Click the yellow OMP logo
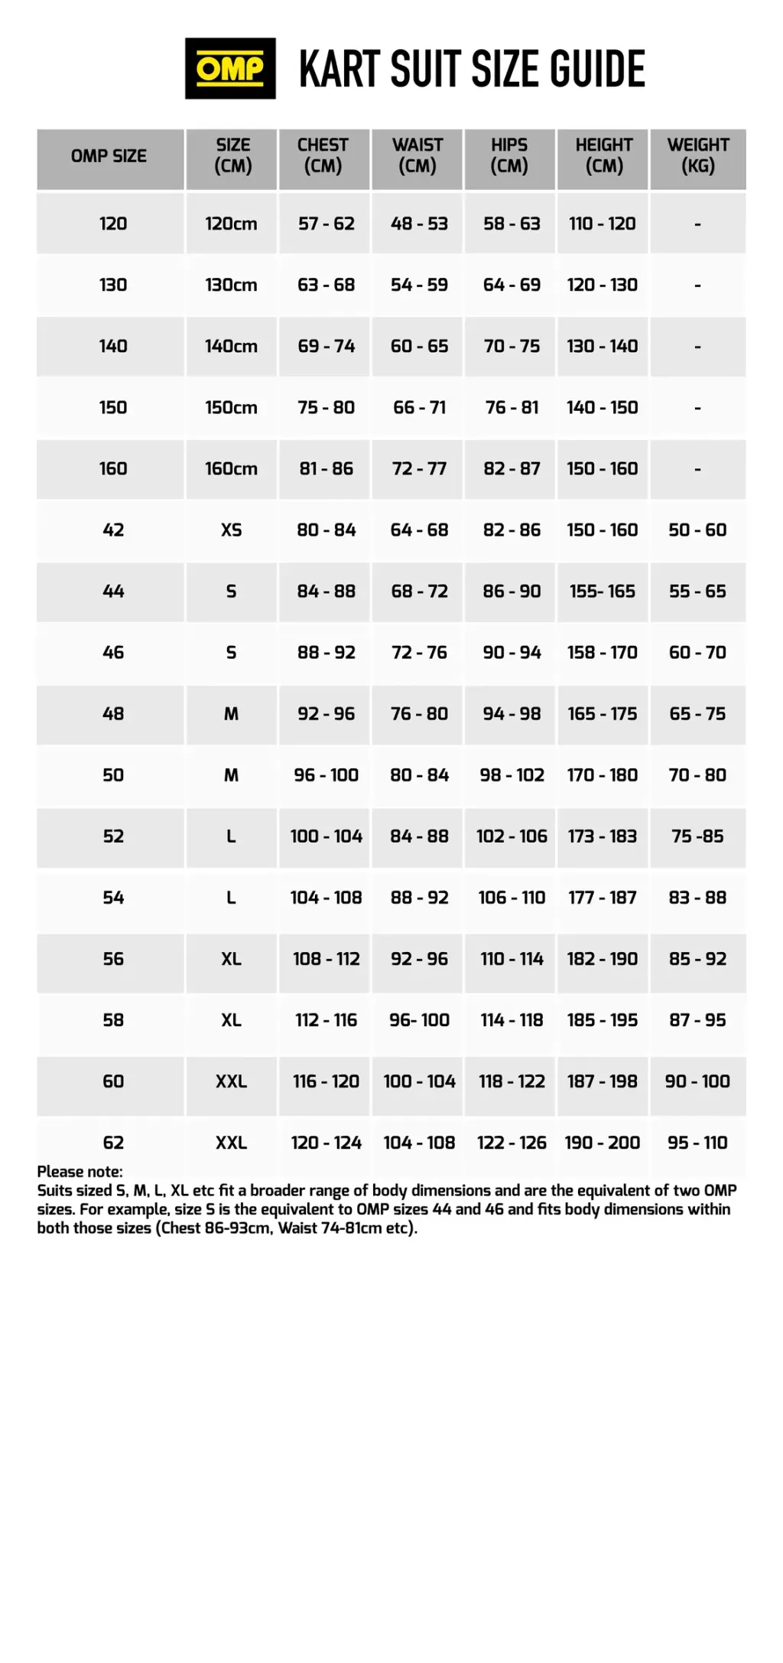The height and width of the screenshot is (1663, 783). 230,69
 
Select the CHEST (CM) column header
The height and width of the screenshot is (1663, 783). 323,155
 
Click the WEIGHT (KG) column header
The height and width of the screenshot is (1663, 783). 697,155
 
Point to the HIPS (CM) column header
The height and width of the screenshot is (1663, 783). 509,155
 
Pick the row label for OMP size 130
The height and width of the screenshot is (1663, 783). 113,285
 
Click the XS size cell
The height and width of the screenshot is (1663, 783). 231,530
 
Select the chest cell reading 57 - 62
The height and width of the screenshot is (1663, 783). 327,223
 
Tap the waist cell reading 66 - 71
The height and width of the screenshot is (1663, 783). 419,407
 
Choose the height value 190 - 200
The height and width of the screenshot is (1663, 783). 603,1143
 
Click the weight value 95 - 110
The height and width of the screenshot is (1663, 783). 697,1143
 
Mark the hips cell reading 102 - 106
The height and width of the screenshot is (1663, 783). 512,836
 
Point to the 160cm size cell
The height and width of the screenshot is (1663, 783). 231,468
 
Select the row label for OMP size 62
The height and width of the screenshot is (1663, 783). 113,1143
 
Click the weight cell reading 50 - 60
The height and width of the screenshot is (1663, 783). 697,530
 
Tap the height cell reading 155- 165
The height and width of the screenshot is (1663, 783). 603,591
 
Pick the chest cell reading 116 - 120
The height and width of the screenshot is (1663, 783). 327,1081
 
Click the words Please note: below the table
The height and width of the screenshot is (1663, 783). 80,1172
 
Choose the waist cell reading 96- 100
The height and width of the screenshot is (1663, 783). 419,1020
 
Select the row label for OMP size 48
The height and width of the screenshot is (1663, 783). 113,713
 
